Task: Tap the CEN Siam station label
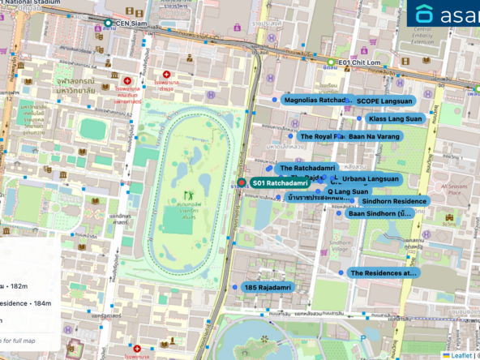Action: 135,24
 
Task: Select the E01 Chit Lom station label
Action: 359,62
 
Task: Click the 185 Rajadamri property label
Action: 267,287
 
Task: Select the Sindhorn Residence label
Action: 394,201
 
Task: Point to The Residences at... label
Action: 384,273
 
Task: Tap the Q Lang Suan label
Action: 349,191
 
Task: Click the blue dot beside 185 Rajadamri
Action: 234,287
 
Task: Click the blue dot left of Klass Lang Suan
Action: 359,118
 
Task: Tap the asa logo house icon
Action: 424,15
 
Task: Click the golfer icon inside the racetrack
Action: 189,195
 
